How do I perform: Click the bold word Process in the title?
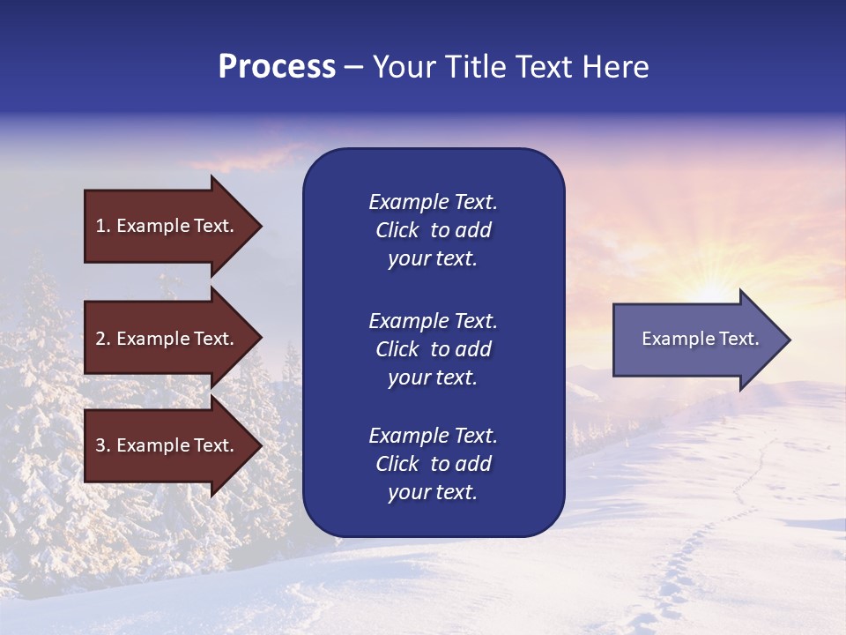pos(277,67)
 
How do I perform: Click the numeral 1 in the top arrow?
pos(100,226)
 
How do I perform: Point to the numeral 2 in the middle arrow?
pos(100,339)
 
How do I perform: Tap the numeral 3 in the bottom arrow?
pos(100,445)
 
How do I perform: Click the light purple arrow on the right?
pos(696,340)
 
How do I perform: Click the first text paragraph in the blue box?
pos(433,230)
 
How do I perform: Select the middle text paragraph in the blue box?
pos(433,349)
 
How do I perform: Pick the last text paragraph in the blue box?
pos(433,464)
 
